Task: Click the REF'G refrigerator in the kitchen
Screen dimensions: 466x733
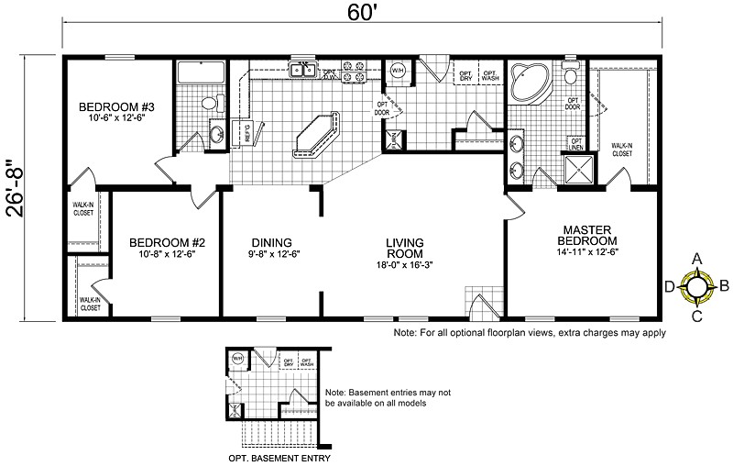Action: pos(247,134)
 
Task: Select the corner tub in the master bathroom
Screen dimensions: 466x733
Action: pos(527,83)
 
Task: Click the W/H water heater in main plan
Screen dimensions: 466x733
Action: pos(398,71)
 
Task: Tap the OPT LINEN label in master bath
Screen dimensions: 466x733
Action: pos(577,144)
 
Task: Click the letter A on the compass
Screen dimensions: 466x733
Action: pos(697,259)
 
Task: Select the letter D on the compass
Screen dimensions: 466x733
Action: pos(670,287)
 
